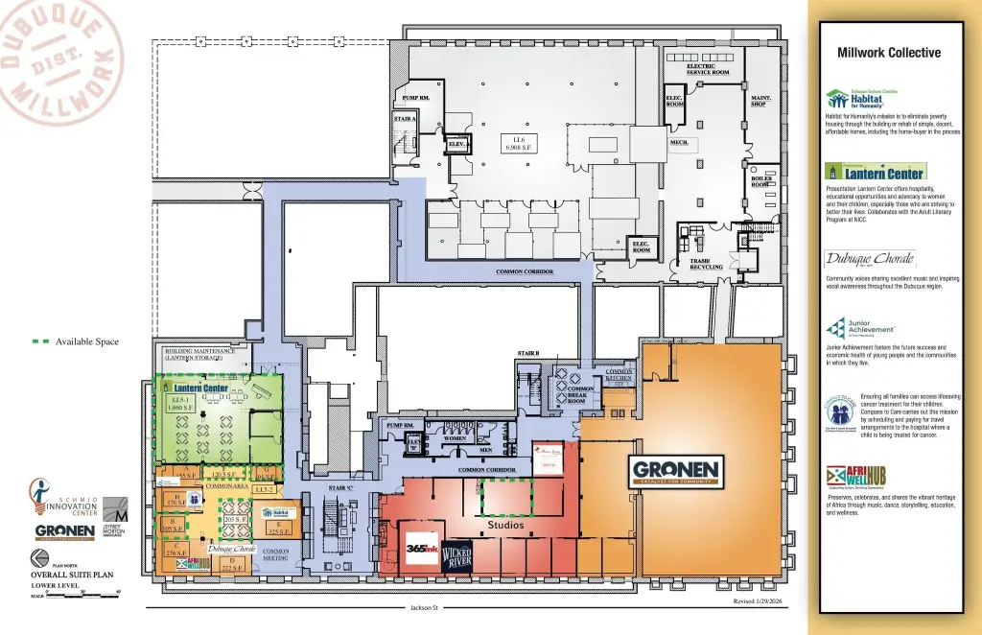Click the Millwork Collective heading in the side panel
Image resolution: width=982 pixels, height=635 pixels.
pyautogui.click(x=889, y=53)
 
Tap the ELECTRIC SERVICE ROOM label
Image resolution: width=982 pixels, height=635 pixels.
pyautogui.click(x=708, y=69)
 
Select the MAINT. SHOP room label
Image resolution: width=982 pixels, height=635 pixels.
pyautogui.click(x=761, y=100)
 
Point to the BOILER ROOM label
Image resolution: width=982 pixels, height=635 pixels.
pyautogui.click(x=761, y=180)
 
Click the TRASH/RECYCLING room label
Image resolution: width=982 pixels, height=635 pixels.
pyautogui.click(x=707, y=264)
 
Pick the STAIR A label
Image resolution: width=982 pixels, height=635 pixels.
pyautogui.click(x=405, y=119)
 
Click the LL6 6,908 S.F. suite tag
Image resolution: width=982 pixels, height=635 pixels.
pyautogui.click(x=519, y=144)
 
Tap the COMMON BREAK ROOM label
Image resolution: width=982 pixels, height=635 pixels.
pyautogui.click(x=582, y=394)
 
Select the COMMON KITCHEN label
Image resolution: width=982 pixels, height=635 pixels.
pyautogui.click(x=620, y=375)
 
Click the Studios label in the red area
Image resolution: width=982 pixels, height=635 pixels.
pyautogui.click(x=505, y=525)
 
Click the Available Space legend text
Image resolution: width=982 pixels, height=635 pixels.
pyautogui.click(x=87, y=341)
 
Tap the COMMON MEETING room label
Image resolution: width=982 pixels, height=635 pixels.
pyautogui.click(x=275, y=554)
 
